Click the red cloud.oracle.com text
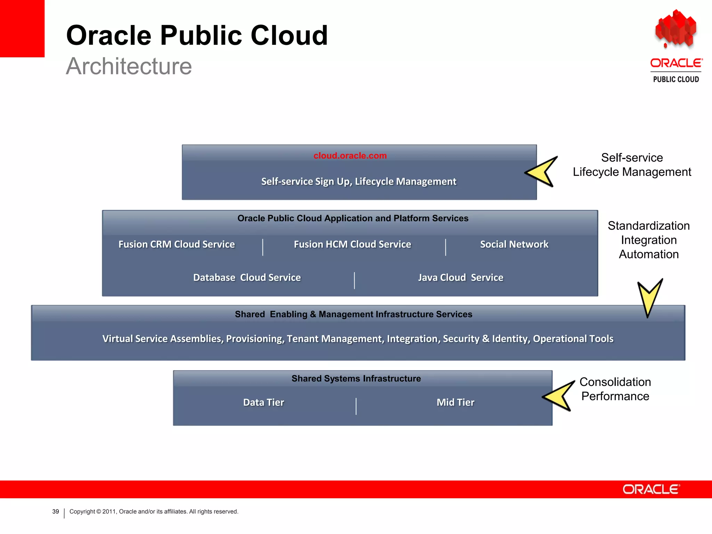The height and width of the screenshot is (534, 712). click(x=350, y=155)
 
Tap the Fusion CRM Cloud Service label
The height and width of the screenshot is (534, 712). click(x=176, y=244)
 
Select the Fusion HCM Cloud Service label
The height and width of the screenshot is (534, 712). click(x=352, y=244)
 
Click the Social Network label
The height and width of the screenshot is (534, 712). click(x=514, y=244)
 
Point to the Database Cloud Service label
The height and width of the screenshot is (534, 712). click(x=247, y=277)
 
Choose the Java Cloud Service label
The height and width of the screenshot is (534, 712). click(x=460, y=277)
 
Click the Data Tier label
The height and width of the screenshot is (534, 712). click(x=264, y=402)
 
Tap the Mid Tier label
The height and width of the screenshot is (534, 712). click(x=455, y=402)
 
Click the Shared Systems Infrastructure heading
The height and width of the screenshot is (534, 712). click(x=356, y=378)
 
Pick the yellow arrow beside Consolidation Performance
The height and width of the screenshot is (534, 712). click(x=559, y=396)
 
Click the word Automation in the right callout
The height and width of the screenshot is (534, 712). click(x=648, y=254)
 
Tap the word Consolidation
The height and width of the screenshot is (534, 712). click(x=615, y=382)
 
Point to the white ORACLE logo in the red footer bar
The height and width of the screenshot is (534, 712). click(x=651, y=489)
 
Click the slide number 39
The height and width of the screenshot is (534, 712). click(x=56, y=511)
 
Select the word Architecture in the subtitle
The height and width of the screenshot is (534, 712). click(x=129, y=66)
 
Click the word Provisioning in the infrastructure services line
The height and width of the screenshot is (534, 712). click(x=255, y=339)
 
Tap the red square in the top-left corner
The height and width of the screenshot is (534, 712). click(x=22, y=28)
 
